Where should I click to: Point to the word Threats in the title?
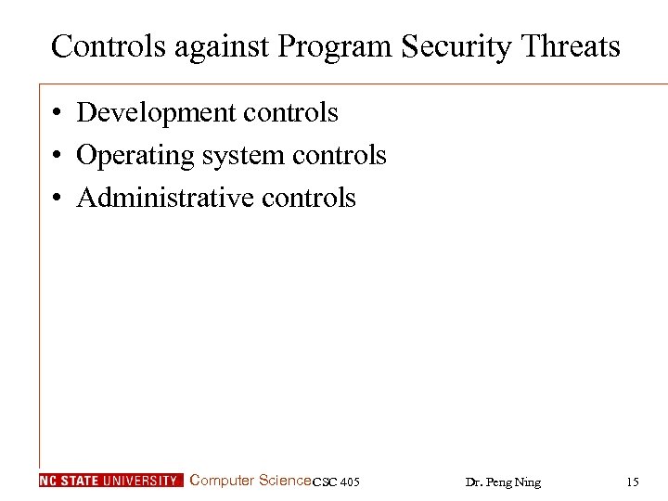pyautogui.click(x=574, y=45)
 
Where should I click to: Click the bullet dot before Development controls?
pyautogui.click(x=58, y=114)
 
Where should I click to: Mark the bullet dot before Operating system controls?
pyautogui.click(x=58, y=156)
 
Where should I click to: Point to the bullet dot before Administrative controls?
pyautogui.click(x=58, y=199)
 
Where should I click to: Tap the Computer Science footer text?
pyautogui.click(x=250, y=481)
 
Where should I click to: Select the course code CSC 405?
pyautogui.click(x=337, y=482)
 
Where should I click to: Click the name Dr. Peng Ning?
pyautogui.click(x=503, y=482)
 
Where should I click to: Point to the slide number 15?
pyautogui.click(x=633, y=482)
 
